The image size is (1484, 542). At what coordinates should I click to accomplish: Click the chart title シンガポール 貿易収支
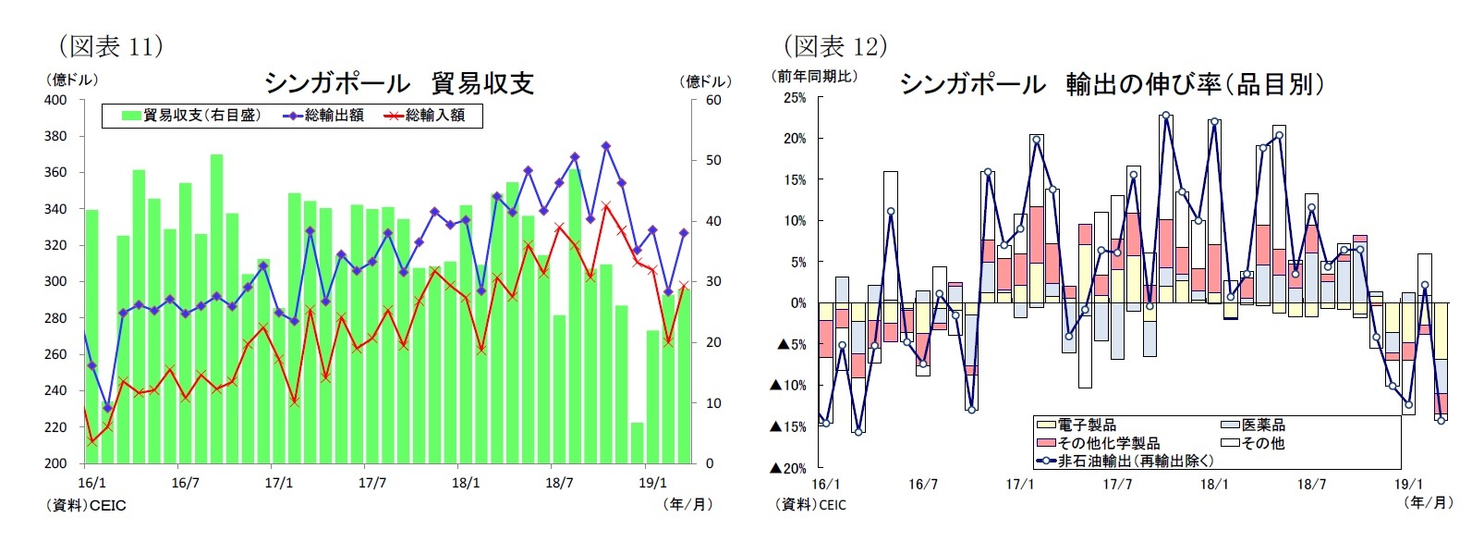[x=399, y=83]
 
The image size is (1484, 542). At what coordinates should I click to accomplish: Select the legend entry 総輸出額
[x=334, y=116]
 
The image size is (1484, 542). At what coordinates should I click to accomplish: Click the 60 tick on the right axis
[x=713, y=100]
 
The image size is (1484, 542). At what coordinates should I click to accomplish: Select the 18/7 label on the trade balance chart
[x=559, y=483]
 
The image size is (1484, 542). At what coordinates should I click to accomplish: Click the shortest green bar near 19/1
[x=637, y=443]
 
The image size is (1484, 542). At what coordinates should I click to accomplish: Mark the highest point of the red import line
[x=606, y=205]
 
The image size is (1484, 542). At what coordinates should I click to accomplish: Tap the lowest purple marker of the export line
[x=107, y=407]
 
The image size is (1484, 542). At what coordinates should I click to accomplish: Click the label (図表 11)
[x=111, y=45]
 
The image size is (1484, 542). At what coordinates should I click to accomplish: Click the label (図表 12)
[x=835, y=45]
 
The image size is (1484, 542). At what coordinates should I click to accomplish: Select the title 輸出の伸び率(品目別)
[x=1195, y=84]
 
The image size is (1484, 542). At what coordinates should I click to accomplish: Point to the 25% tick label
[x=794, y=97]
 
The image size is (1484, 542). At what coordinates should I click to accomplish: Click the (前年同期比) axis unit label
[x=814, y=76]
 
